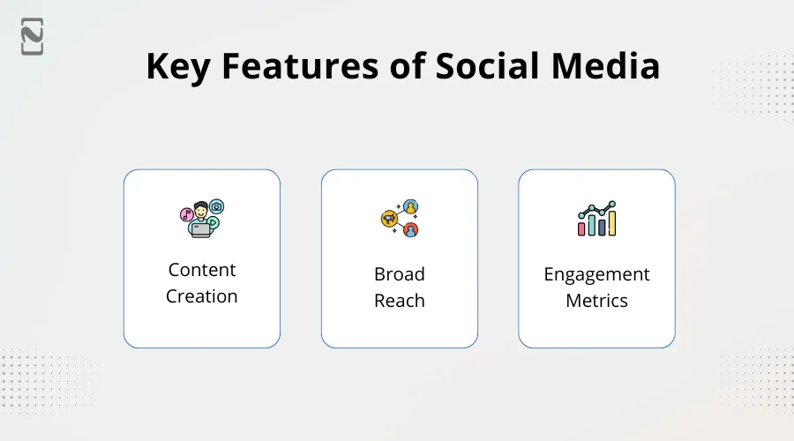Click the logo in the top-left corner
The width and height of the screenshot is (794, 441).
pos(33,36)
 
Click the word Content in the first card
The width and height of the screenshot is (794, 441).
pos(202,270)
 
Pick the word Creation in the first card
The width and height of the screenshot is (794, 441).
pos(202,296)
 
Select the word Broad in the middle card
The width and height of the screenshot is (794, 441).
pos(400,274)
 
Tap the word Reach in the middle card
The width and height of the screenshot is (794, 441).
pos(400,301)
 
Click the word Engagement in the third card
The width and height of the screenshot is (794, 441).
pos(596,274)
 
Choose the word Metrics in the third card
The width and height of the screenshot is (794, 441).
pos(596,301)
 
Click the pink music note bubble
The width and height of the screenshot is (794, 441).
pos(186,214)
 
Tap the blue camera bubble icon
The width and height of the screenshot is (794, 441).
pos(217,206)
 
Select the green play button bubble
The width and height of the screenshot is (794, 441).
pos(213,224)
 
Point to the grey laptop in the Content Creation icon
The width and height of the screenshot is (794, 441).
pos(201,229)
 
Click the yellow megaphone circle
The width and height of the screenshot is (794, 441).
pos(387,218)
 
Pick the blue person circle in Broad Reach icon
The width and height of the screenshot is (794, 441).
pos(410,206)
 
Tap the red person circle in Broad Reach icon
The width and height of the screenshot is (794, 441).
pos(410,230)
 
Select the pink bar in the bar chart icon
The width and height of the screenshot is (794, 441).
pos(582,228)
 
